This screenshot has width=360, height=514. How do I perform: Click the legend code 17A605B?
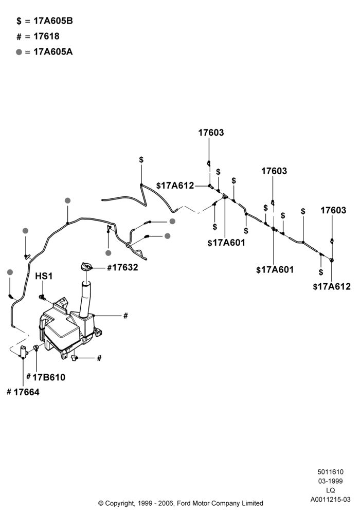click(53, 21)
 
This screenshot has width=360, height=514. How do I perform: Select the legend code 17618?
click(46, 36)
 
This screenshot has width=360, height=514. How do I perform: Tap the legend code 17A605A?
click(53, 52)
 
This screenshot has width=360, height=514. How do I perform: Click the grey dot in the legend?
click(19, 52)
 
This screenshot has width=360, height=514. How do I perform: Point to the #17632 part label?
click(122, 267)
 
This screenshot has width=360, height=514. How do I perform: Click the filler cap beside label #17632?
click(86, 266)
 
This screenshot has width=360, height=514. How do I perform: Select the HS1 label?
click(44, 277)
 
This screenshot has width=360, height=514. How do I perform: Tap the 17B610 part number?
click(49, 377)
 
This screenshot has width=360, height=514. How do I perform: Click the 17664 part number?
click(26, 392)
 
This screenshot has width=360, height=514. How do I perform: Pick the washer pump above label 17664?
click(24, 352)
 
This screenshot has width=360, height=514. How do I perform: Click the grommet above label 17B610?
click(36, 347)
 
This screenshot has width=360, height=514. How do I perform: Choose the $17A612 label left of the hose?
click(175, 186)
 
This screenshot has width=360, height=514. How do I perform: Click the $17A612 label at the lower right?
click(332, 287)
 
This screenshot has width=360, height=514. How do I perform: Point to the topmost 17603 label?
click(211, 133)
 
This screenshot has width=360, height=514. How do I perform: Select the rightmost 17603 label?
click(333, 210)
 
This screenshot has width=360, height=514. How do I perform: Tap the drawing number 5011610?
click(331, 472)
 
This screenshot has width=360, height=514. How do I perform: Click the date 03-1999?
click(331, 481)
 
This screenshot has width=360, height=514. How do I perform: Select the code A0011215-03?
click(331, 500)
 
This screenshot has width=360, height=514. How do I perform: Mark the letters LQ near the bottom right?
click(331, 490)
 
